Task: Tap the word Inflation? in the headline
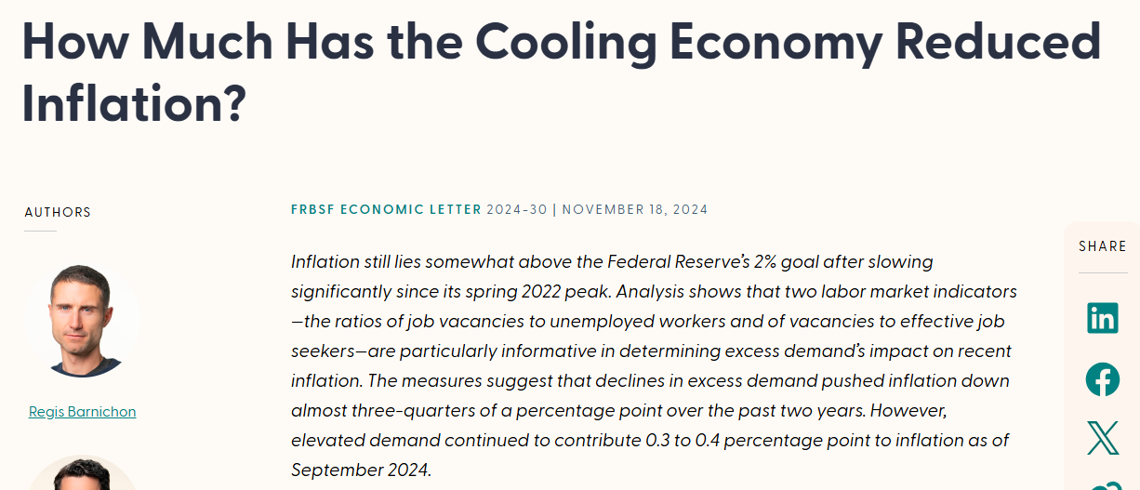[134, 103]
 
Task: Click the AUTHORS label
[58, 213]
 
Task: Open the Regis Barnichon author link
[82, 411]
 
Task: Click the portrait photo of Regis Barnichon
[82, 319]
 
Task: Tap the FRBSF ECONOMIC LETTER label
[386, 209]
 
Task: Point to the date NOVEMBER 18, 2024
[635, 209]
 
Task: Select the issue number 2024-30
[517, 209]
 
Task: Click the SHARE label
[1102, 246]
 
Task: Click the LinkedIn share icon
[1103, 318]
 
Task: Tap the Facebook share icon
[1103, 378]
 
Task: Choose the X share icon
[1103, 438]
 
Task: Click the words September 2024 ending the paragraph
[361, 470]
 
